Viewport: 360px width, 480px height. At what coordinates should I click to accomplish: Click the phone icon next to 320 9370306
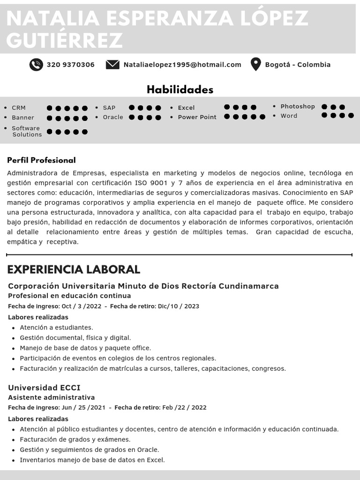pyautogui.click(x=36, y=65)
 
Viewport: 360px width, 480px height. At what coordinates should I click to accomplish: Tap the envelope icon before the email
pyautogui.click(x=112, y=65)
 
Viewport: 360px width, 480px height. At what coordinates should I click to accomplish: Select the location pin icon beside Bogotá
pyautogui.click(x=255, y=64)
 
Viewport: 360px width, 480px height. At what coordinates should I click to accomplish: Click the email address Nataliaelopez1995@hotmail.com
pyautogui.click(x=182, y=65)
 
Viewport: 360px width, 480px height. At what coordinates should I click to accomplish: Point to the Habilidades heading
pyautogui.click(x=180, y=90)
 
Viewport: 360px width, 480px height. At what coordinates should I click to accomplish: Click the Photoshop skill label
pyautogui.click(x=298, y=106)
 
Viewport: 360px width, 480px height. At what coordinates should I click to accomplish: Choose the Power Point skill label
pyautogui.click(x=197, y=117)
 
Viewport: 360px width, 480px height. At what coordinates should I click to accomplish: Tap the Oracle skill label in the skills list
pyautogui.click(x=113, y=117)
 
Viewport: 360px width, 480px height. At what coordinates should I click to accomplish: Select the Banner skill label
pyautogui.click(x=23, y=118)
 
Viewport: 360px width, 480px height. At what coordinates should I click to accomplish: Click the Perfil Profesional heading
pyautogui.click(x=41, y=160)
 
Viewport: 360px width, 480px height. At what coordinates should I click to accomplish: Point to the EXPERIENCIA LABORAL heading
pyautogui.click(x=74, y=270)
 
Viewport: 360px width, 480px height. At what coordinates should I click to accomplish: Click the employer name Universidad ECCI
pyautogui.click(x=44, y=388)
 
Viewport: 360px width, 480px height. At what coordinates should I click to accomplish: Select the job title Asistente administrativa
pyautogui.click(x=52, y=397)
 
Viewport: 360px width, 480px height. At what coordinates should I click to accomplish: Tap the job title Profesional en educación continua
pyautogui.click(x=69, y=296)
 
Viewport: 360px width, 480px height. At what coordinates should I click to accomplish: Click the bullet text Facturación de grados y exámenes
pyautogui.click(x=75, y=440)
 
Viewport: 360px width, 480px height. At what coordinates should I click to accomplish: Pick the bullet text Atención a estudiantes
pyautogui.click(x=56, y=328)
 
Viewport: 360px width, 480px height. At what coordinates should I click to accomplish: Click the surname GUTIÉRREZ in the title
pyautogui.click(x=65, y=41)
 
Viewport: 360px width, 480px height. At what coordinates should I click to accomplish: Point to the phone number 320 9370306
pyautogui.click(x=70, y=65)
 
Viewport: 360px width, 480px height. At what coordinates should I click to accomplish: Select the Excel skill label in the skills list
pyautogui.click(x=186, y=108)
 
